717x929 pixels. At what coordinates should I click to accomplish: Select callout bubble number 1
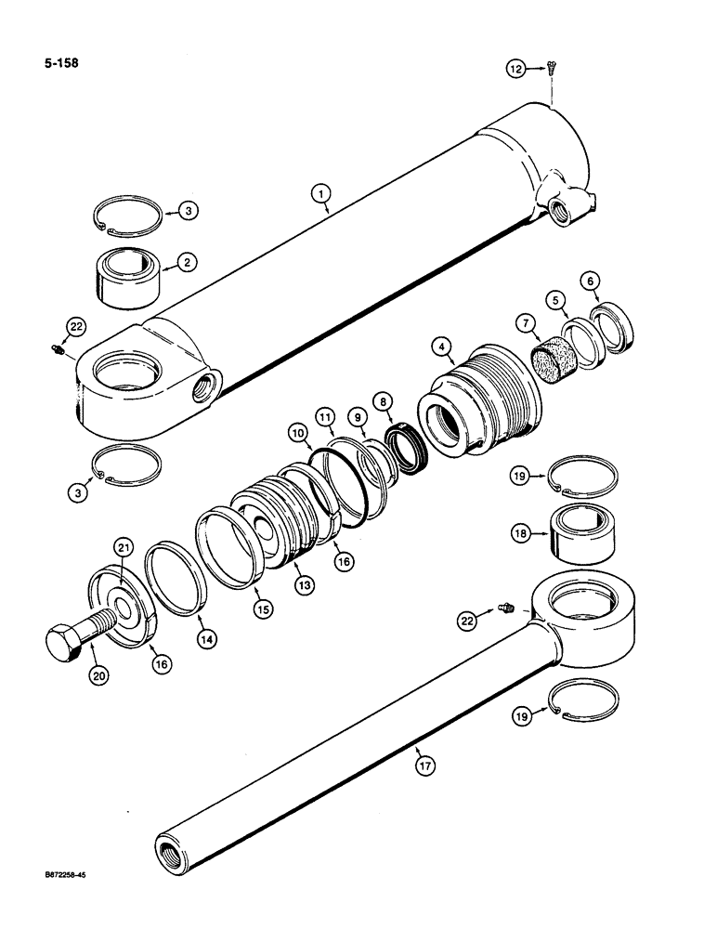click(319, 194)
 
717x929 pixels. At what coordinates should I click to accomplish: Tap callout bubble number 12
click(516, 67)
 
